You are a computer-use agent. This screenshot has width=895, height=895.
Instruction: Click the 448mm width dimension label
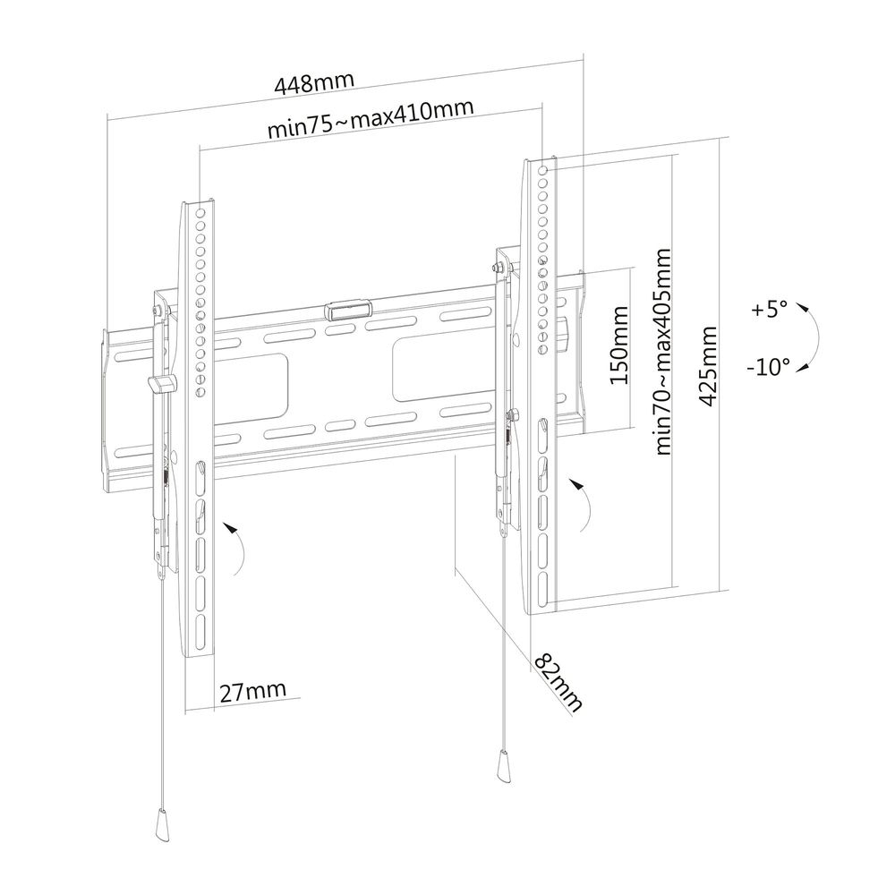pyautogui.click(x=314, y=83)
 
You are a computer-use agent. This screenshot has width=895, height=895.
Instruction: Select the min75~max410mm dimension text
pyautogui.click(x=371, y=119)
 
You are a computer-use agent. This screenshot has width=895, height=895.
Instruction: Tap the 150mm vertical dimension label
pyautogui.click(x=619, y=345)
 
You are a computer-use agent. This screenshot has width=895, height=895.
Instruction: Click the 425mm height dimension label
pyautogui.click(x=708, y=366)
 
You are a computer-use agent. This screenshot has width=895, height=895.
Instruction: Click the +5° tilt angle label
pyautogui.click(x=769, y=310)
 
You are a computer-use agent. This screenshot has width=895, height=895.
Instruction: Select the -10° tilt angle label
pyautogui.click(x=768, y=366)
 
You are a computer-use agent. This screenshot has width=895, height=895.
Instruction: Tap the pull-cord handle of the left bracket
pyautogui.click(x=162, y=821)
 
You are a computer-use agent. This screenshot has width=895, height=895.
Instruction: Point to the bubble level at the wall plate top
pyautogui.click(x=347, y=310)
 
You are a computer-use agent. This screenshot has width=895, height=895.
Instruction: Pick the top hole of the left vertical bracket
pyautogui.click(x=200, y=214)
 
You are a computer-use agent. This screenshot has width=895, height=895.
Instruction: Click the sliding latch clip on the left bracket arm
pyautogui.click(x=162, y=384)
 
